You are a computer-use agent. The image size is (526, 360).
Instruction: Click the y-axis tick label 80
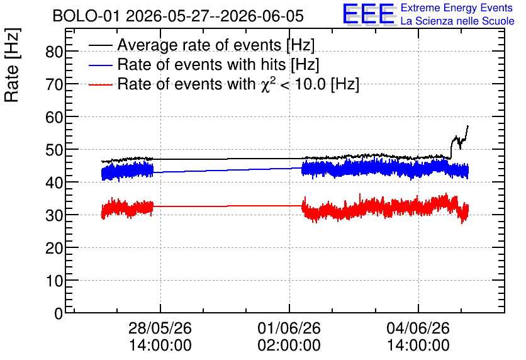click(54, 52)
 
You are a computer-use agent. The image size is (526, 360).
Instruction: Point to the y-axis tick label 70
click(54, 84)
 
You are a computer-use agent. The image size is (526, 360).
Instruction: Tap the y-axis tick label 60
click(54, 118)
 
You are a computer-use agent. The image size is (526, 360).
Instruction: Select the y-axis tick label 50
click(54, 150)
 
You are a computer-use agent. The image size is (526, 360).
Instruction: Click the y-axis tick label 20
click(54, 248)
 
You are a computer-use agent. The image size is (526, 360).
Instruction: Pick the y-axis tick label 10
click(54, 281)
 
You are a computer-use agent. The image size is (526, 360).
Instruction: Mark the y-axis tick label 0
click(59, 313)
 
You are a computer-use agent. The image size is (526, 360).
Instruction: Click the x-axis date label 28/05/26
click(160, 328)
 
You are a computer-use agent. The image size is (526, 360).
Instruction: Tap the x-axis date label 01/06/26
click(289, 328)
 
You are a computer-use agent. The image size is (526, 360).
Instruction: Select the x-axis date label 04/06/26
click(418, 328)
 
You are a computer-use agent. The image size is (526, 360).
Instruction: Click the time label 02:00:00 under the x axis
click(289, 345)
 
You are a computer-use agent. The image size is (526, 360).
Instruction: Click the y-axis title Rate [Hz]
click(12, 65)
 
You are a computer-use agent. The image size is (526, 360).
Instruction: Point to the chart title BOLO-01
click(86, 16)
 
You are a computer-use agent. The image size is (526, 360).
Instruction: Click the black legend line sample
click(100, 45)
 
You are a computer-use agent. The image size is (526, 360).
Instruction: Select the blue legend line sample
click(100, 65)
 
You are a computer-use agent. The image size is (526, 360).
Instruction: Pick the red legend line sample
click(100, 85)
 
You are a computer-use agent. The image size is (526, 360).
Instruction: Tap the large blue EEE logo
click(369, 14)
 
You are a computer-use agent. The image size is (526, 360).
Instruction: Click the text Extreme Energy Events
click(457, 8)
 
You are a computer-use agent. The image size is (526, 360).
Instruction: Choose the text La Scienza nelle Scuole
click(457, 21)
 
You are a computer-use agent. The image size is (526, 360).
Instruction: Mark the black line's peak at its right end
click(467, 126)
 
